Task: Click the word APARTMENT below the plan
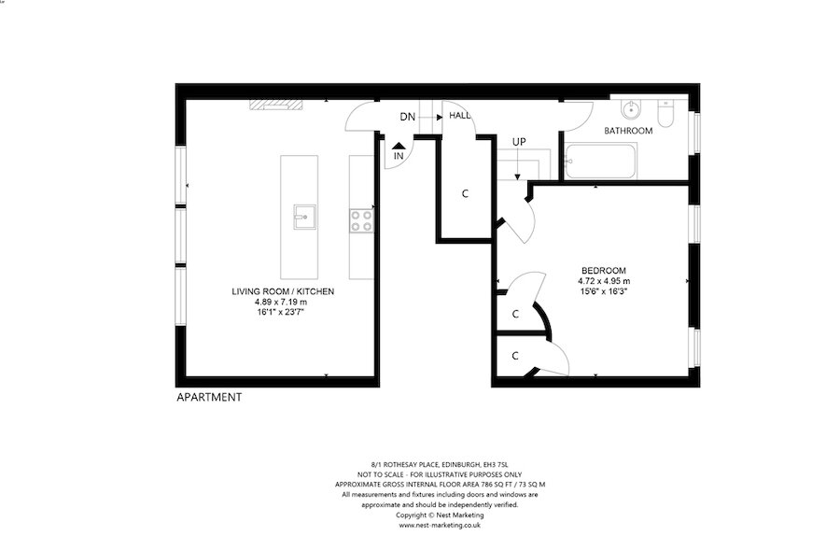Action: tap(209, 397)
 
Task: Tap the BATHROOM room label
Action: tap(628, 131)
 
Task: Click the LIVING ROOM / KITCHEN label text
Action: tap(282, 291)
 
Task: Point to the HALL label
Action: tap(460, 117)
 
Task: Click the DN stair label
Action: tap(407, 117)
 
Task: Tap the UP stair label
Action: tap(519, 142)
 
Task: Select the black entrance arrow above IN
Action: tap(399, 145)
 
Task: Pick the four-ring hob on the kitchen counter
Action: tap(362, 220)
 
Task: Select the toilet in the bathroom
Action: tap(665, 114)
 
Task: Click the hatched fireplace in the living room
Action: tap(276, 105)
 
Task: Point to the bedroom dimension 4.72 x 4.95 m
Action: tap(604, 280)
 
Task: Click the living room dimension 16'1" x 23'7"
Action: tap(282, 313)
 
